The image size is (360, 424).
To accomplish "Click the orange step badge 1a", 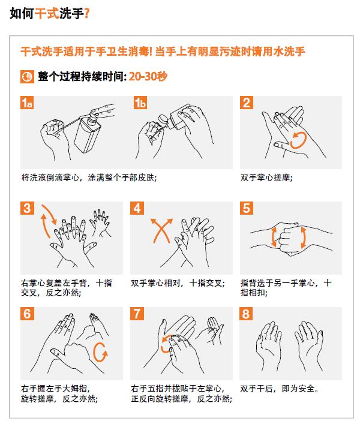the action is tap(27, 103).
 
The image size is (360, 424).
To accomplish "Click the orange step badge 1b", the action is tap(140, 103).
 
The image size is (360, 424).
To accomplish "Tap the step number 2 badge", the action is tap(247, 103).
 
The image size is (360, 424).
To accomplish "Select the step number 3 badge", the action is tap(27, 208).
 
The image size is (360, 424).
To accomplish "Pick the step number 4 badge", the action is tap(137, 208).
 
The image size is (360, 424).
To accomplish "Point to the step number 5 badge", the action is tap(247, 208).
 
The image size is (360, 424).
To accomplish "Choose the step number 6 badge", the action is tap(27, 314).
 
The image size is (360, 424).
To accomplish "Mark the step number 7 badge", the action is tap(137, 314).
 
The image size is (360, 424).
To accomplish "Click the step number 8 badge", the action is tap(246, 314).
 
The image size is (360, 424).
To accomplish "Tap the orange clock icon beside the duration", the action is tap(27, 77).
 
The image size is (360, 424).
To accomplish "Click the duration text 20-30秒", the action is tap(148, 77).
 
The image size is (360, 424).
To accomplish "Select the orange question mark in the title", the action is tap(86, 13).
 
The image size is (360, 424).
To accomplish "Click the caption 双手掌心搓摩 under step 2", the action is tap(266, 178).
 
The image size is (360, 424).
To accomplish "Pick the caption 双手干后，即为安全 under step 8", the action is tap(280, 389).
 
